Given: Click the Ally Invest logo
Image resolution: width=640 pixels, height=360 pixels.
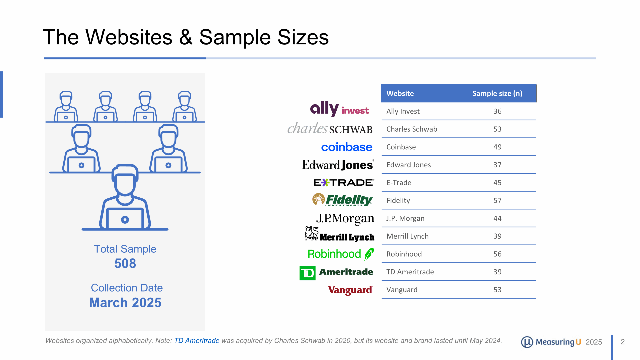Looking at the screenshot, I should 339,109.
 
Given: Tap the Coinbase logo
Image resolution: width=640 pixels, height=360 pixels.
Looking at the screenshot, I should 347,147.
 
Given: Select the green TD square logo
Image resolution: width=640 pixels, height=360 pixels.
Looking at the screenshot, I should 307,273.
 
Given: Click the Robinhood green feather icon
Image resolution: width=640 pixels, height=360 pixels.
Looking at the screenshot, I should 369,254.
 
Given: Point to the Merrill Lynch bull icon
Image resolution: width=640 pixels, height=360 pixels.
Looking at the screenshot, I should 312,233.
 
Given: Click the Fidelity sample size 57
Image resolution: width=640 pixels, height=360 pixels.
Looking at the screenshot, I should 497,200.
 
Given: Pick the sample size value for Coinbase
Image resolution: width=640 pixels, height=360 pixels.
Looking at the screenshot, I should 497,147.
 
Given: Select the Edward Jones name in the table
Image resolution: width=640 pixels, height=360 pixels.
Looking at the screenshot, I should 408,165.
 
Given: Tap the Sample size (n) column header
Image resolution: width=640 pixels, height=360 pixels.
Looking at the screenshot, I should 497,93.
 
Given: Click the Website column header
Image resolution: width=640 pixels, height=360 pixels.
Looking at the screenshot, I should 400,93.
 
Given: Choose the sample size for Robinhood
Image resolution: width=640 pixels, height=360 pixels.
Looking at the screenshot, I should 497,254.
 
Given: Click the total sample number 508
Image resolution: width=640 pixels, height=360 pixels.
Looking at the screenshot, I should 125,263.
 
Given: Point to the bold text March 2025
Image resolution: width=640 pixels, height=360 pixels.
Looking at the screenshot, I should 125,303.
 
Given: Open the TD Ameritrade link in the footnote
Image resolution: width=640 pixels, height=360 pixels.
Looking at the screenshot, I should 197,341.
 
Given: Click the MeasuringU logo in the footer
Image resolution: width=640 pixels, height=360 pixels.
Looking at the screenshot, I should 551,342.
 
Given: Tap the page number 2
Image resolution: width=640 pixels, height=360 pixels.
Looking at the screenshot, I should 622,342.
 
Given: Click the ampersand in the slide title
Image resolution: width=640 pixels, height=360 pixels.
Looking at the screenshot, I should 186,37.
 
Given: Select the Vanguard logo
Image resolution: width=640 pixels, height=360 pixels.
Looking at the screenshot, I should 350,290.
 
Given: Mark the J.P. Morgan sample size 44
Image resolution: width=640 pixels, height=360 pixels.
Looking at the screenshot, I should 497,218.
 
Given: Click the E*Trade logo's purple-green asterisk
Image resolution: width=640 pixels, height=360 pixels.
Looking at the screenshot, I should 325,183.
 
